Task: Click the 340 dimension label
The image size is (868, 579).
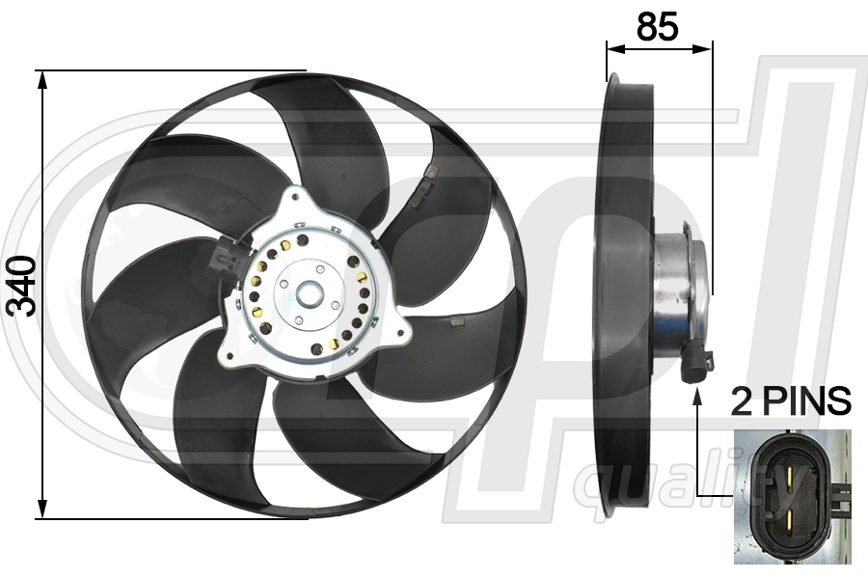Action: tap(22, 287)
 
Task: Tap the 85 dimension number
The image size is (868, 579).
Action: tap(657, 27)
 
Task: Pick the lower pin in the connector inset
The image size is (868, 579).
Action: tap(791, 522)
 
